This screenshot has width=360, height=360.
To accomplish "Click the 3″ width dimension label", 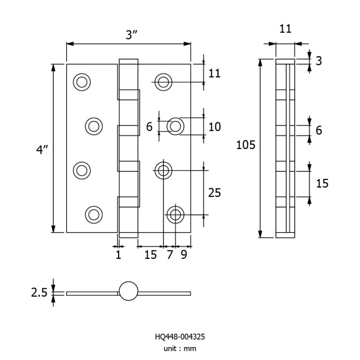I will click(130, 34).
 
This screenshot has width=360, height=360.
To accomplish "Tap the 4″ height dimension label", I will click(43, 150).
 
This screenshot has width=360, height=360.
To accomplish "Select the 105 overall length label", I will click(246, 145).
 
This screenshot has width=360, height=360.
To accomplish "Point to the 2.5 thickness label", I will click(39, 293).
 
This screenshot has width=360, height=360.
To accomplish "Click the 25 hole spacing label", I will click(214, 193).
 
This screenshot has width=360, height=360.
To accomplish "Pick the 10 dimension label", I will click(215, 127).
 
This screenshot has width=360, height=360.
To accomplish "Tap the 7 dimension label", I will click(170, 255).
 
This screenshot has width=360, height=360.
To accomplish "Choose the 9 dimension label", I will click(184, 255).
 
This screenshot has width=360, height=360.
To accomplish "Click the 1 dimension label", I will click(118, 255).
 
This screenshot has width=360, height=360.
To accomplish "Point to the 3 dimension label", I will click(319, 61).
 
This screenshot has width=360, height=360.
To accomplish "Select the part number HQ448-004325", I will click(180, 337).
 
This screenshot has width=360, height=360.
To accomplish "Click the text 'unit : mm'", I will click(180, 348).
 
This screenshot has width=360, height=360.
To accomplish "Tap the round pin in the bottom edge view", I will click(129, 291).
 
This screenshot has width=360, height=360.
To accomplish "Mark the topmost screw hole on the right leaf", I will click(164, 82).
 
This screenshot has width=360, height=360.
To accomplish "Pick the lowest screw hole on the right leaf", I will click(175, 215).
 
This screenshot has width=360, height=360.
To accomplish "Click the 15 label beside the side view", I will click(322, 183).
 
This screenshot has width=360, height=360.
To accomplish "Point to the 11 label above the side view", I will click(285, 29).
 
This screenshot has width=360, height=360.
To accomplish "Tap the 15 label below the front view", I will click(150, 255).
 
